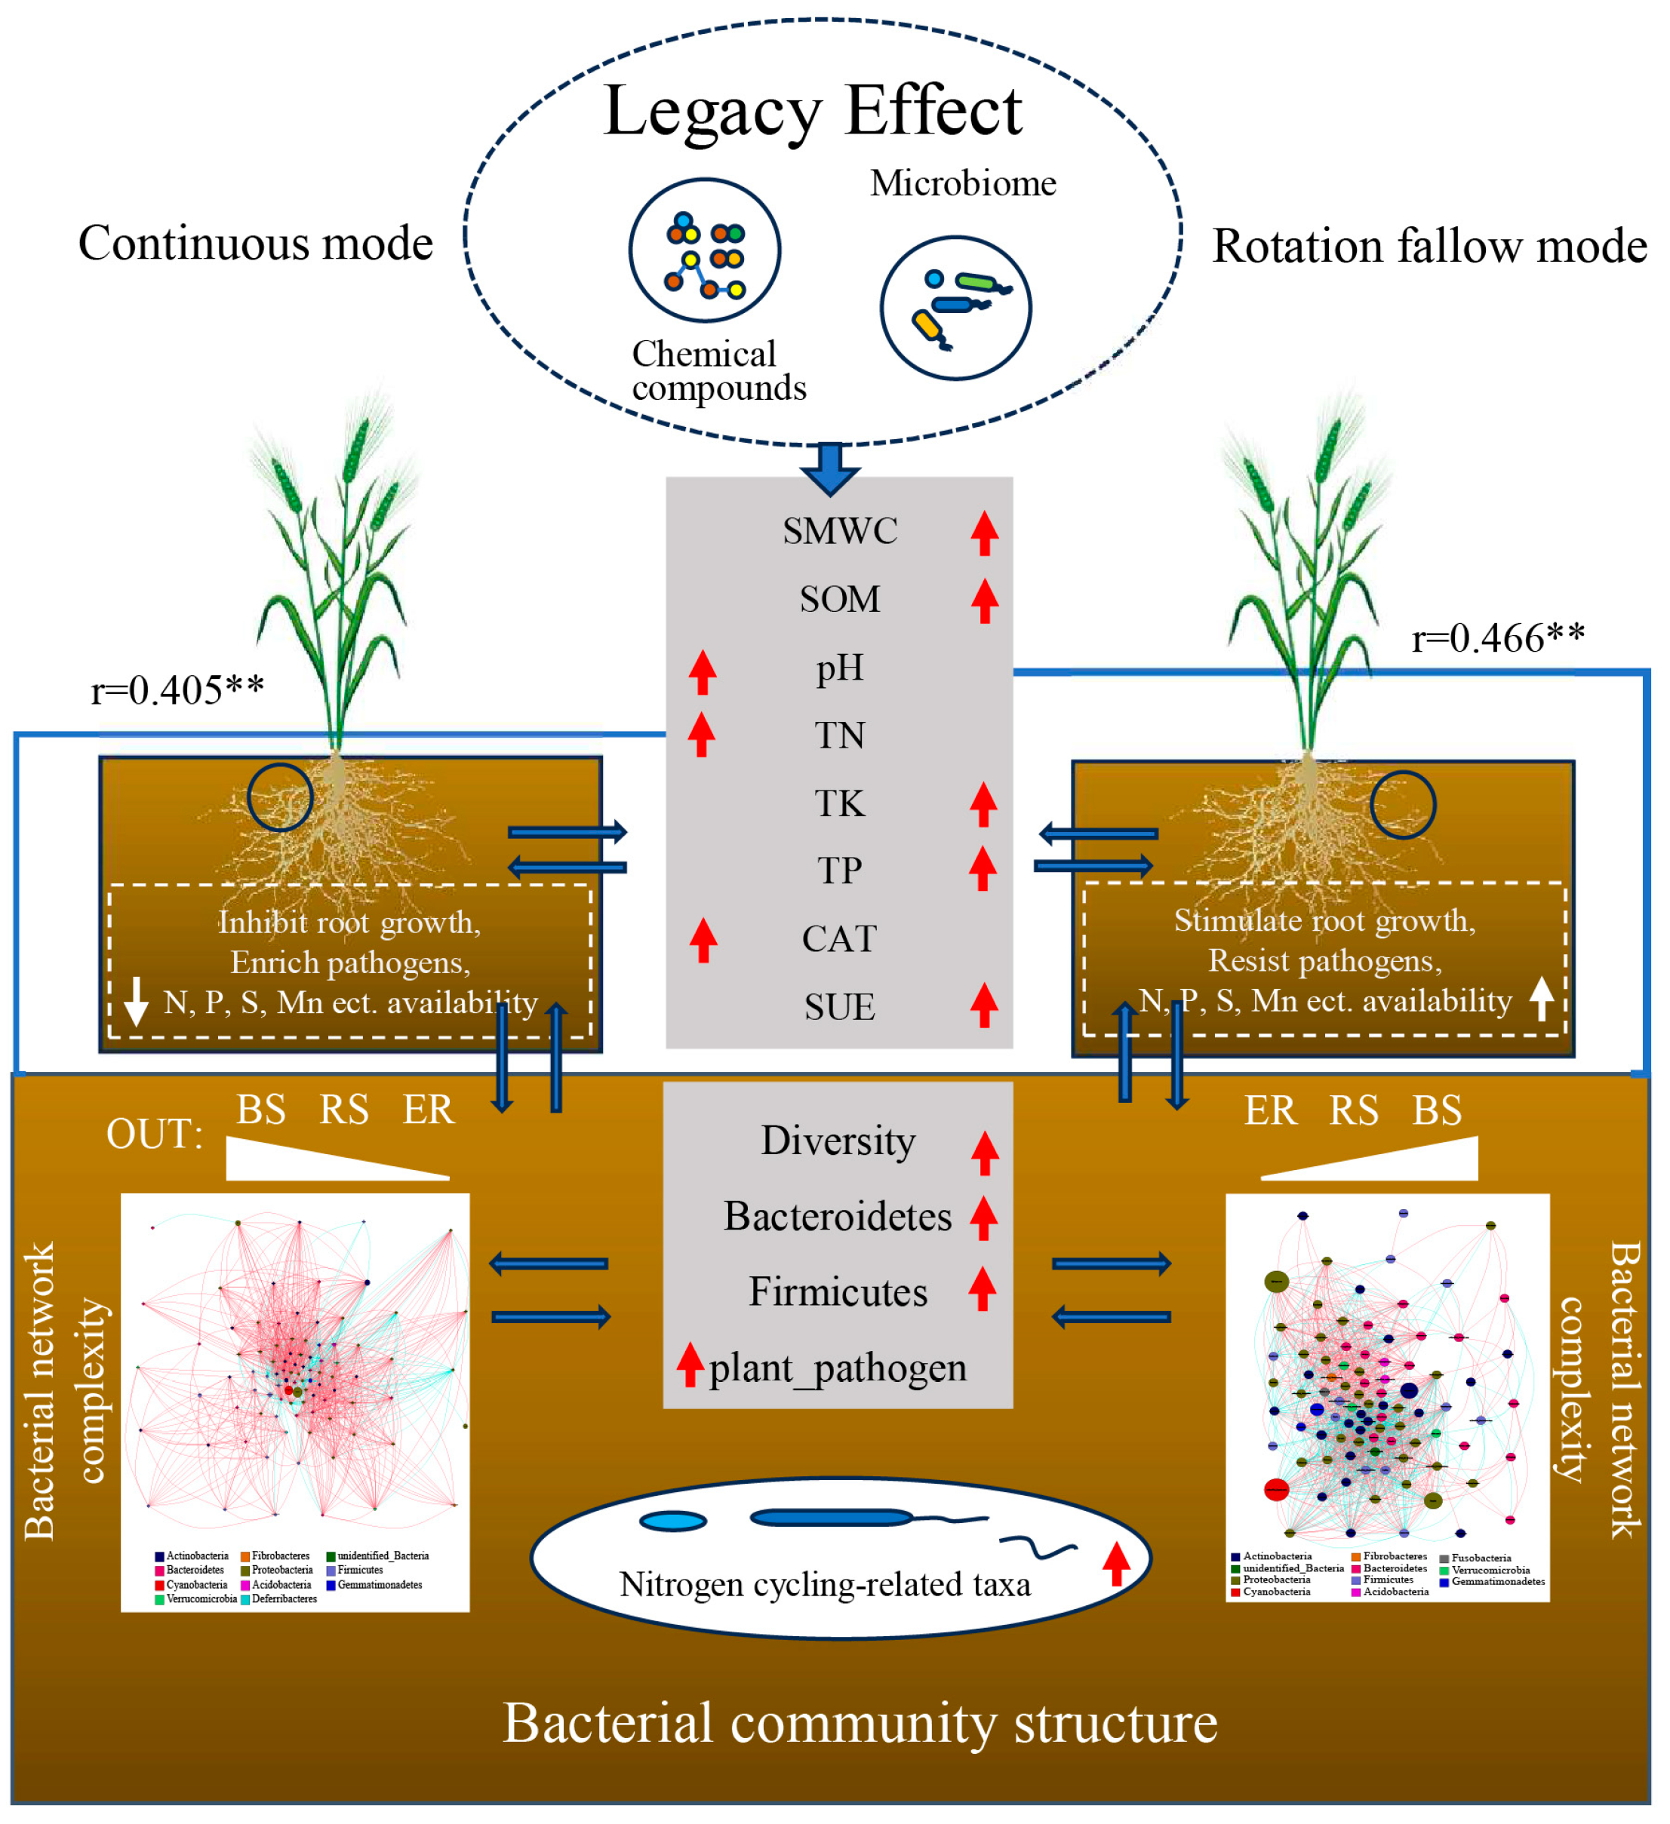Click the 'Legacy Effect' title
812,112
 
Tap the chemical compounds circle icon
704,250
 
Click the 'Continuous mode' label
255,244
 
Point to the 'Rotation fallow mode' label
1429,246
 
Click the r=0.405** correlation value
177,690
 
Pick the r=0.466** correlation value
1498,638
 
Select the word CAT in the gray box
838,938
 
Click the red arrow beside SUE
983,1006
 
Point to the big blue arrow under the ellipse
829,468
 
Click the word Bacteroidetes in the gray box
837,1216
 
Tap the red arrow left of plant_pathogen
690,1365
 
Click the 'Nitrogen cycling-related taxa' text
824,1584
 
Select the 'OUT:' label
154,1134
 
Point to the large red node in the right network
1275,1489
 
